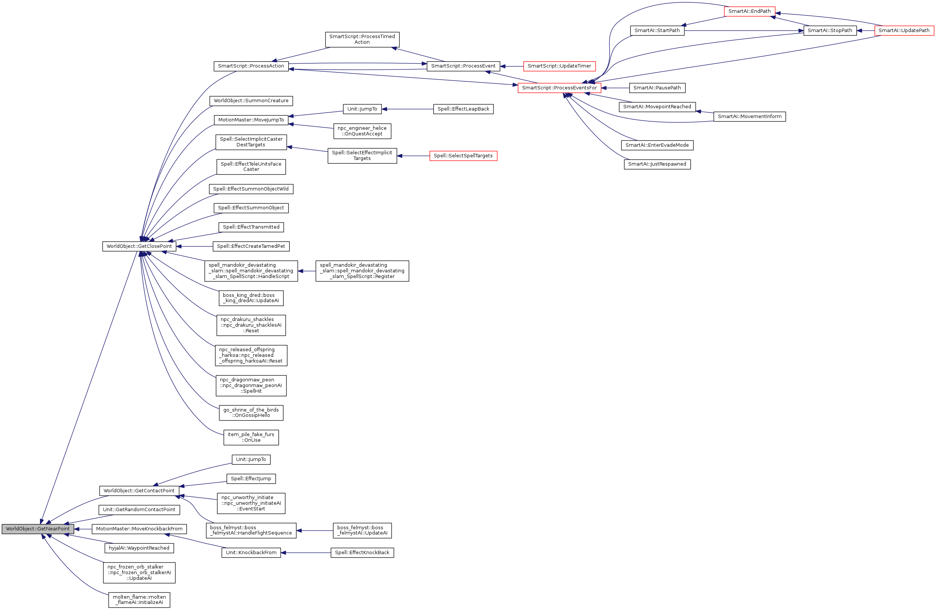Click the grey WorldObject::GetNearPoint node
pyautogui.click(x=38, y=529)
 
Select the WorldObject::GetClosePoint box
pyautogui.click(x=139, y=246)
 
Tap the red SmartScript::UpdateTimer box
pyautogui.click(x=559, y=66)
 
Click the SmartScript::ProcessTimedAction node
pyautogui.click(x=362, y=39)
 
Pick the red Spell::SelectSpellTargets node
pyautogui.click(x=463, y=156)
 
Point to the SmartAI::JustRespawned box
pyautogui.click(x=657, y=164)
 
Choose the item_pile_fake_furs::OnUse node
pyautogui.click(x=251, y=437)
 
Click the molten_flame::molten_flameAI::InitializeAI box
pyautogui.click(x=139, y=600)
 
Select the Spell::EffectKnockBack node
pyautogui.click(x=362, y=553)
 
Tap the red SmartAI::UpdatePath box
pyautogui.click(x=904, y=30)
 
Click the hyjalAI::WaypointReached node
pyautogui.click(x=139, y=548)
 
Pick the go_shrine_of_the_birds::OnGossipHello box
pyautogui.click(x=251, y=413)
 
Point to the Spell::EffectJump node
pyautogui.click(x=251, y=479)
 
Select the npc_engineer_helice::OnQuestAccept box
pyautogui.click(x=362, y=131)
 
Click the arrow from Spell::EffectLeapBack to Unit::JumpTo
pyautogui.click(x=407, y=109)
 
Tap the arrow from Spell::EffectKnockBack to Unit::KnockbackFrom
pyautogui.click(x=306, y=553)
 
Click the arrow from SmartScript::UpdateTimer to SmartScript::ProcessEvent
pyautogui.click(x=512, y=66)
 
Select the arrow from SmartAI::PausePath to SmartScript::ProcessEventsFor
pyautogui.click(x=615, y=88)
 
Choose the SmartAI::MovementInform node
pyautogui.click(x=749, y=117)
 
